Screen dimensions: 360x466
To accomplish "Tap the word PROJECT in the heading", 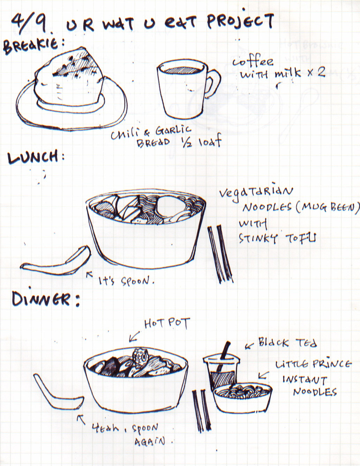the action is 240,21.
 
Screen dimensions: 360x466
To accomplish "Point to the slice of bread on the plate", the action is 69,77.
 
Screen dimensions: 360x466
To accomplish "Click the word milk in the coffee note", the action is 288,73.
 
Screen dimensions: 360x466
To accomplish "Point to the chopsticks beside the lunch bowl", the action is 220,254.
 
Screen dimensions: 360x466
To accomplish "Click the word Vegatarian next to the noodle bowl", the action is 256,193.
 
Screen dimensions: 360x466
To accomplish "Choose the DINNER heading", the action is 45,299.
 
